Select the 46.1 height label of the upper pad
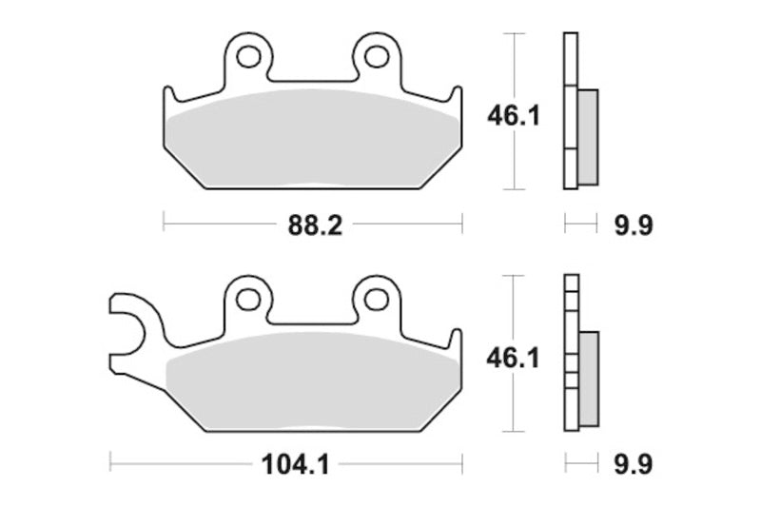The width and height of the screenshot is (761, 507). pyautogui.click(x=514, y=116)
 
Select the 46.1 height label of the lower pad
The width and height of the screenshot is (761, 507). pyautogui.click(x=514, y=359)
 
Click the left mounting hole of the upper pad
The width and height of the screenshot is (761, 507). pyautogui.click(x=248, y=57)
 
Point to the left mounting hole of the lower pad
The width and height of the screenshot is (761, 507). pyautogui.click(x=248, y=300)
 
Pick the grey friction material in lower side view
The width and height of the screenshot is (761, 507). pyautogui.click(x=588, y=379)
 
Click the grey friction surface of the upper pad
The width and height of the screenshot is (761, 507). pyautogui.click(x=314, y=143)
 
